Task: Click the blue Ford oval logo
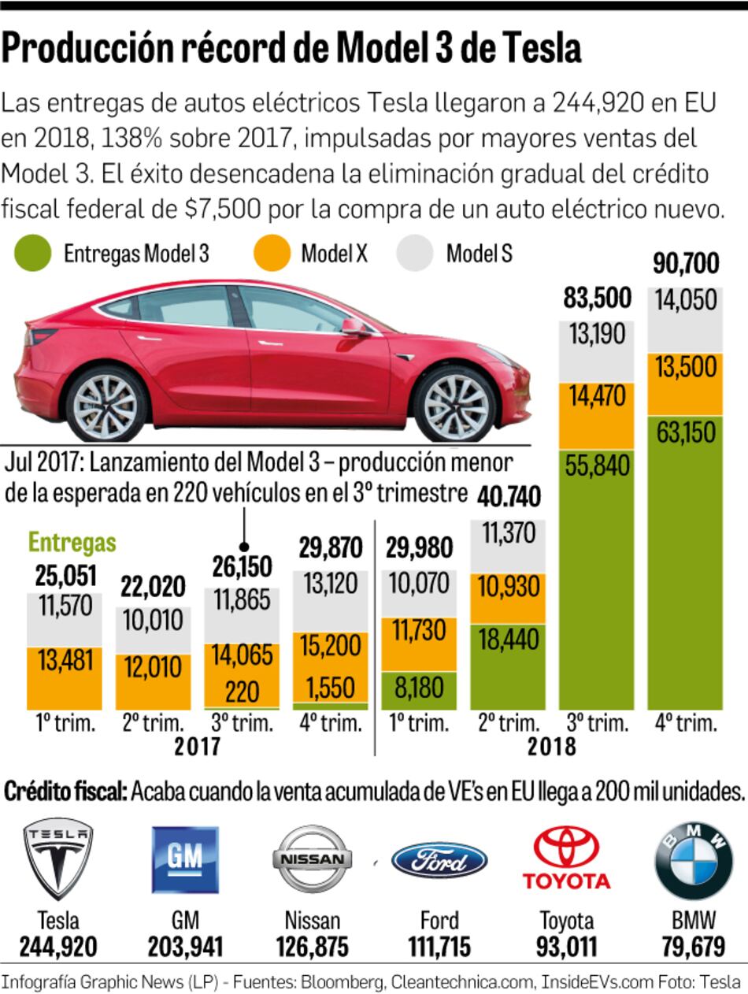(439, 859)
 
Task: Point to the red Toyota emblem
(566, 858)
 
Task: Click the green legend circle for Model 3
(33, 254)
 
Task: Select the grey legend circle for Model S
(416, 254)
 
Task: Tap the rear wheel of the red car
(107, 405)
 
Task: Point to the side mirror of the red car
(354, 327)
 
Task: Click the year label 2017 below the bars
(197, 746)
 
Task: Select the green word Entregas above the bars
(72, 543)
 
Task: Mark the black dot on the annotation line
(244, 546)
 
